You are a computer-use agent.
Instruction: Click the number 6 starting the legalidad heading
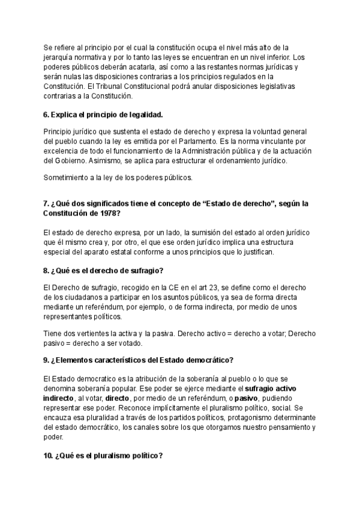point(46,115)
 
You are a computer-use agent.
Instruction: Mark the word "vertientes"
point(93,334)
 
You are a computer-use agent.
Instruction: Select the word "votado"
point(131,344)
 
